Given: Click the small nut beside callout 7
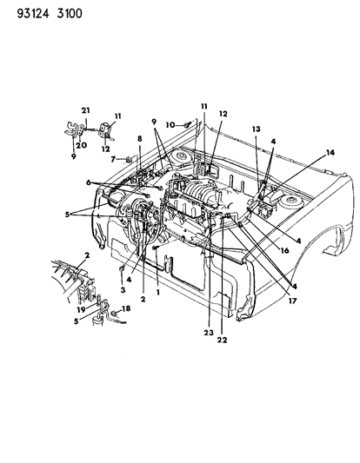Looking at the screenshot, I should coord(127,159).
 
